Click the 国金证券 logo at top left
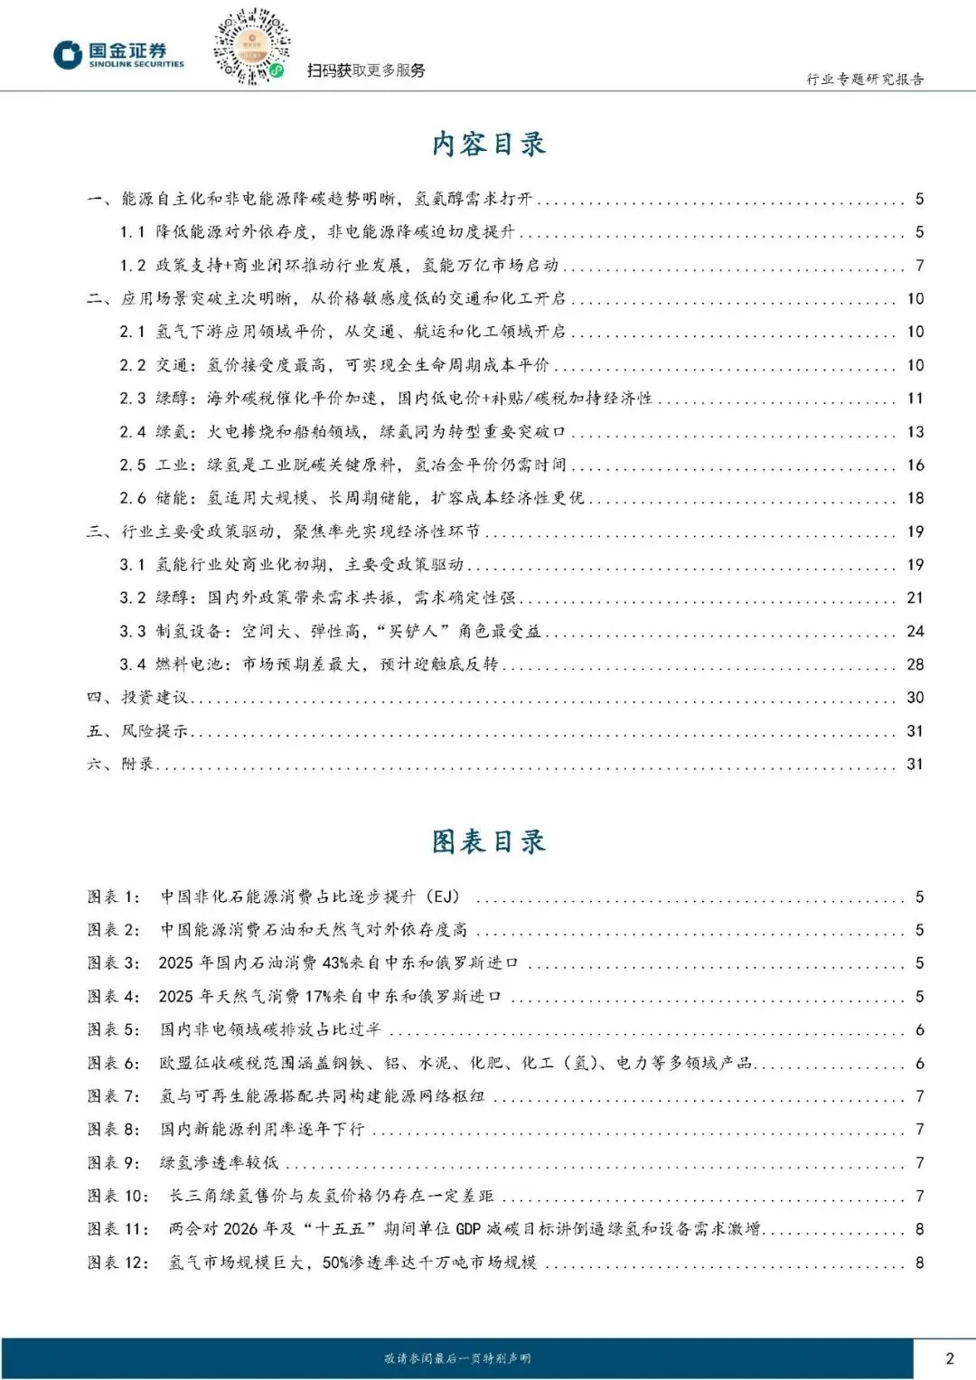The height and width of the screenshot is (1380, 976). point(118,54)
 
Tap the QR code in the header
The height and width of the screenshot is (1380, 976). point(251,46)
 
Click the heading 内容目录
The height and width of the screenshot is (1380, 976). point(488,144)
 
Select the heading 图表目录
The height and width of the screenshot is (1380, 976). point(488,841)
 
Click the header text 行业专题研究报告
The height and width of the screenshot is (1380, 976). point(865,80)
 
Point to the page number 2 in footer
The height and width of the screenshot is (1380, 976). point(949,1357)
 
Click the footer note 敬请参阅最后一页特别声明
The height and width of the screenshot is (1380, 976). point(457,1358)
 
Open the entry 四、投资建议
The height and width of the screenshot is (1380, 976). point(137,698)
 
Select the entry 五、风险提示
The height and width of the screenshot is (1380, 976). point(137,731)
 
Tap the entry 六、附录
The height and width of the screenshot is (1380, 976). point(120,765)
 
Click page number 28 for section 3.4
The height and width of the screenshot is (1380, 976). point(915,664)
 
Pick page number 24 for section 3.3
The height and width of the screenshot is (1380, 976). point(915,631)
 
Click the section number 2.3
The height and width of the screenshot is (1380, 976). point(133,399)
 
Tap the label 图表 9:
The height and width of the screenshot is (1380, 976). point(114,1162)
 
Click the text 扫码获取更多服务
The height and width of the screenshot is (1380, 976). point(366,70)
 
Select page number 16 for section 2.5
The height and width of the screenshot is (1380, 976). point(915,465)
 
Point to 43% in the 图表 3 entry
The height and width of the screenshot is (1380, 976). point(335,963)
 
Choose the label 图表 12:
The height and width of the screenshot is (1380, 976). point(118,1263)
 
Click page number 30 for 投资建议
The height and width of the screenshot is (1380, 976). point(915,698)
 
